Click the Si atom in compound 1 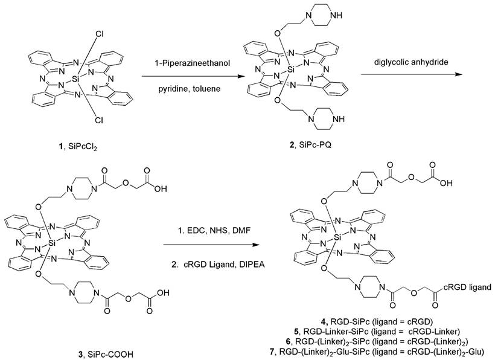(74, 79)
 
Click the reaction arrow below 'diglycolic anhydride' (411, 74)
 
